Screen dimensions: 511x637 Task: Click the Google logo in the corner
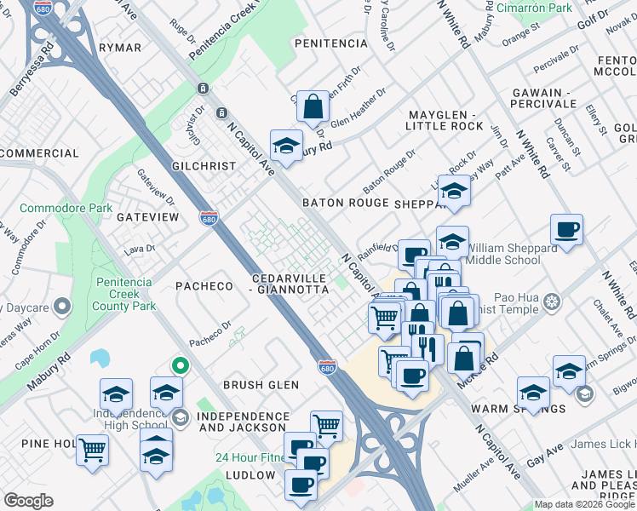click(x=28, y=501)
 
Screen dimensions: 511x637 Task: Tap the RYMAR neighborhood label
click(x=119, y=48)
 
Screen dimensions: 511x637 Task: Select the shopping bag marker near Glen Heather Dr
click(x=313, y=106)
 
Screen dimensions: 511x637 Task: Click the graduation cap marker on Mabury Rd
click(x=287, y=145)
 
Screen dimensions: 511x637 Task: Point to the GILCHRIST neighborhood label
click(x=204, y=166)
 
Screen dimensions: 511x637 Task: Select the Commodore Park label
click(x=66, y=208)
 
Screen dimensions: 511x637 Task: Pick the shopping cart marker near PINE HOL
click(x=93, y=448)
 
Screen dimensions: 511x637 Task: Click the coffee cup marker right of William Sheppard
click(x=566, y=229)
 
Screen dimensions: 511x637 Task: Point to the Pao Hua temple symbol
click(x=553, y=301)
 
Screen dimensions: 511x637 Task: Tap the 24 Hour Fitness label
click(x=248, y=456)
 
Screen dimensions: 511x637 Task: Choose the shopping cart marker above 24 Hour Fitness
click(x=327, y=424)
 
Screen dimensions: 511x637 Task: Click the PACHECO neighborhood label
click(x=204, y=286)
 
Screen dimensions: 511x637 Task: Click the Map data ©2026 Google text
click(x=584, y=504)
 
